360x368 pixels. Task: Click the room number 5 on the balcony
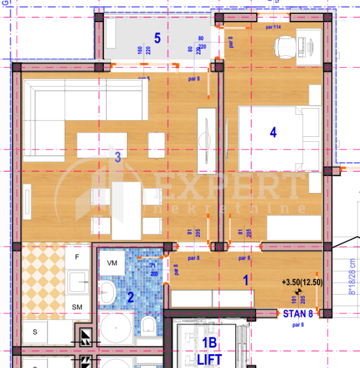point(157,38)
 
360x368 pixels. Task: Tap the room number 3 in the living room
point(118,157)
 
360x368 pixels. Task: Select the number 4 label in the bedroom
point(273,133)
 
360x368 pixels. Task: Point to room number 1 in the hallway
point(245,279)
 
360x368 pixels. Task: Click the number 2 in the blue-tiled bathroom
point(130,297)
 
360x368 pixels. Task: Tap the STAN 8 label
point(298,313)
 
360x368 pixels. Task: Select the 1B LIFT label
point(209,351)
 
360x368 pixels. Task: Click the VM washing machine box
point(112,263)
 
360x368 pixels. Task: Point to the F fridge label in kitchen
point(77,257)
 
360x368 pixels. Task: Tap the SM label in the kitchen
point(77,307)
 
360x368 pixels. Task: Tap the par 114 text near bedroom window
point(274,27)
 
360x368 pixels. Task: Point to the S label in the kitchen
point(35,331)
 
